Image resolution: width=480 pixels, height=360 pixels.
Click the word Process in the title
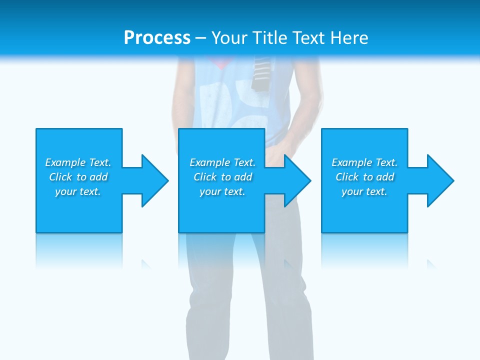pos(157,38)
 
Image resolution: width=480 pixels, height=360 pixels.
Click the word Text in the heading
pos(309,38)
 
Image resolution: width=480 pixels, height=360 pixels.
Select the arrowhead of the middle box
pos(296,180)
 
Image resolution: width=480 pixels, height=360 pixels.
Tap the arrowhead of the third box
pos(439,180)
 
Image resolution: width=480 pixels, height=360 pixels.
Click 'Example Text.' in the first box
pos(78,162)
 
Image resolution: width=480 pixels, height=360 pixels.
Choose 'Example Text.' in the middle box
pos(222,162)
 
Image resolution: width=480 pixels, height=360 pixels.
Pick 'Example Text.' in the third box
pos(364,162)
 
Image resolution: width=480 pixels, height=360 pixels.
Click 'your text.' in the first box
pos(78,191)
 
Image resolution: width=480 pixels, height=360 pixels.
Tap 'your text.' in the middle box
pos(222,191)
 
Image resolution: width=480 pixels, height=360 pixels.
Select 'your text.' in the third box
pos(364,191)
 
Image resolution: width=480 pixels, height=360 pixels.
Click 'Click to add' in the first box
pos(78,177)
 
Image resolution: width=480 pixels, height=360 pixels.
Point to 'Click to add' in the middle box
pos(222,177)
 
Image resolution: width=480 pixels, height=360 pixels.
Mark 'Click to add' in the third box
pos(364,177)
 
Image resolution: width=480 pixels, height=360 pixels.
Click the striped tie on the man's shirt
pos(260,74)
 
